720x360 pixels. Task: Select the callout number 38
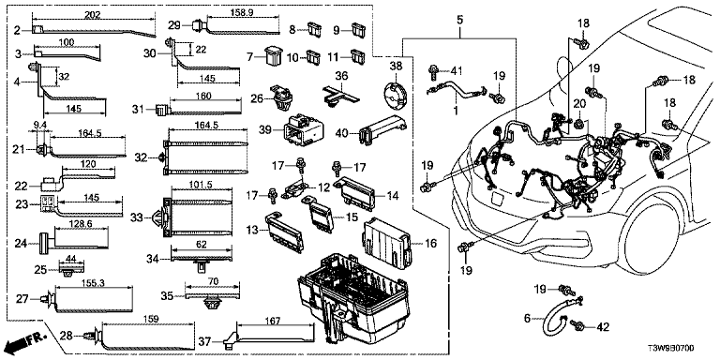coord(395,67)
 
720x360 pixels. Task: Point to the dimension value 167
coord(273,322)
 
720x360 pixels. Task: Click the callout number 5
coord(459,20)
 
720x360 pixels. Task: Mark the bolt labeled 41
coord(432,71)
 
